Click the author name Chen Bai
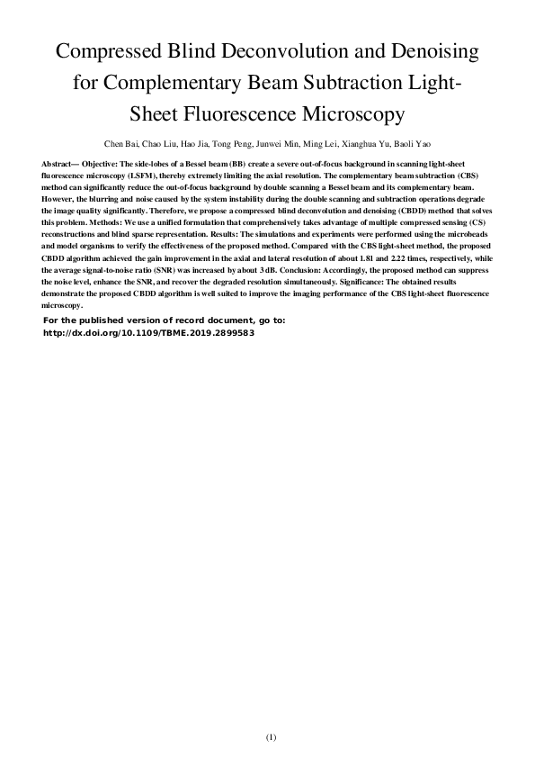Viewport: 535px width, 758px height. (121, 142)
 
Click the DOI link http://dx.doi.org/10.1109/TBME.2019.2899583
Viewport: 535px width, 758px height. (149, 332)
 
